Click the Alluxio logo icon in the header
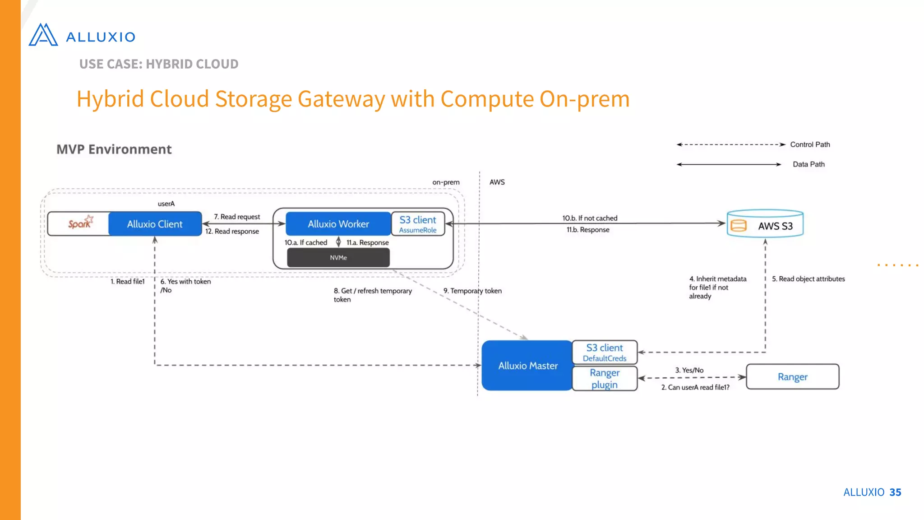(x=43, y=35)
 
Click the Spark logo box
(x=79, y=224)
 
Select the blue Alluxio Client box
(x=155, y=224)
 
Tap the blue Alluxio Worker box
(x=338, y=224)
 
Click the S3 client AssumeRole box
(x=418, y=224)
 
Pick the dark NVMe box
(x=338, y=258)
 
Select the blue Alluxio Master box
(x=527, y=366)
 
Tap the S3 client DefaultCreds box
(x=605, y=353)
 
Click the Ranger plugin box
(x=605, y=378)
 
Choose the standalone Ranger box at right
(x=793, y=377)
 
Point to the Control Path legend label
(x=810, y=144)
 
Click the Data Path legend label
(x=808, y=164)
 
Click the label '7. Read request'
(x=237, y=217)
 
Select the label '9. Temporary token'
(x=472, y=291)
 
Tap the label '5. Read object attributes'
(x=808, y=279)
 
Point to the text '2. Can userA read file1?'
(x=695, y=387)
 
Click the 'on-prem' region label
(x=446, y=182)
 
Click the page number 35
(x=895, y=492)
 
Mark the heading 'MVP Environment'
(x=114, y=149)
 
